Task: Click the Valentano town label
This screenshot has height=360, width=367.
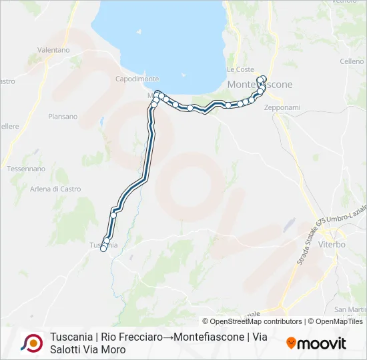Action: [54, 50]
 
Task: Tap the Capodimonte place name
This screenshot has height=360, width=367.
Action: [137, 79]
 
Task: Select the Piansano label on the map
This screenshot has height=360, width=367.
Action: [63, 117]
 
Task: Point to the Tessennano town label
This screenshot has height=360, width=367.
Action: [25, 169]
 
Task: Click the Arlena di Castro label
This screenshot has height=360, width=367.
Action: [56, 189]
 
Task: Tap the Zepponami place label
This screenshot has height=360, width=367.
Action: [282, 107]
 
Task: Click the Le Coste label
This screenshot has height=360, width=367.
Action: [240, 69]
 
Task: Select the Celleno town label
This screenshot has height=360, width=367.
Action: [352, 61]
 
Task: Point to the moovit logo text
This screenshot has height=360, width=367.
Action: [322, 343]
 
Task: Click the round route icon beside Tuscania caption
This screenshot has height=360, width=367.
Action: [31, 343]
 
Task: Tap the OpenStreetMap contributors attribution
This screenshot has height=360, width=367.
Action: [252, 321]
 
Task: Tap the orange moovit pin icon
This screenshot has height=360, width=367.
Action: [291, 343]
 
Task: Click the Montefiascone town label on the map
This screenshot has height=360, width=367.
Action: [260, 85]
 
